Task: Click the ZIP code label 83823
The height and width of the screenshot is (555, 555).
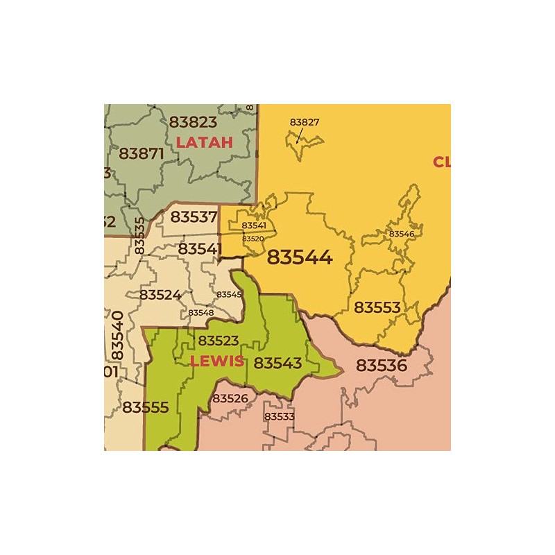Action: click(x=193, y=122)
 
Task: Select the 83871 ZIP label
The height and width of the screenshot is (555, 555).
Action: click(x=142, y=153)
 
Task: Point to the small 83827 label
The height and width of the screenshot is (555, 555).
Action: click(x=305, y=122)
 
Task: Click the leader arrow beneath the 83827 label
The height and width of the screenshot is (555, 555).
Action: click(x=299, y=136)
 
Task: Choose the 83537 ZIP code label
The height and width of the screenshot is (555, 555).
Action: click(x=194, y=216)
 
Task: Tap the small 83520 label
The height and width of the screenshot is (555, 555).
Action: click(x=253, y=239)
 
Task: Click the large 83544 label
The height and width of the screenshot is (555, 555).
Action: click(x=300, y=257)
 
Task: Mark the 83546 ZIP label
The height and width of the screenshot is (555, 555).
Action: click(x=401, y=234)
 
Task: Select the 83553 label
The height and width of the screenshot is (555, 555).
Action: click(x=377, y=307)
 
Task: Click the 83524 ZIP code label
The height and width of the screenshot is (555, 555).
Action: click(x=160, y=294)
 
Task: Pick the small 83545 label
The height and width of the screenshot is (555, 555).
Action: click(x=229, y=294)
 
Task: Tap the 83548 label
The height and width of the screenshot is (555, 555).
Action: click(x=200, y=313)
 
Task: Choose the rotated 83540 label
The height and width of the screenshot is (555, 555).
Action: click(x=117, y=335)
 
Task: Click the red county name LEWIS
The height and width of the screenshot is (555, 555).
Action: click(x=216, y=361)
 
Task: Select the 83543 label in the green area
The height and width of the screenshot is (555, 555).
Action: click(x=277, y=363)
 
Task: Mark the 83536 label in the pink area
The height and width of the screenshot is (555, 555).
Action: click(x=381, y=365)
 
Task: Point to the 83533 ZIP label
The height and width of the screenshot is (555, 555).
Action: click(x=279, y=416)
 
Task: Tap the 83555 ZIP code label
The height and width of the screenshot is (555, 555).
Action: click(x=145, y=407)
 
